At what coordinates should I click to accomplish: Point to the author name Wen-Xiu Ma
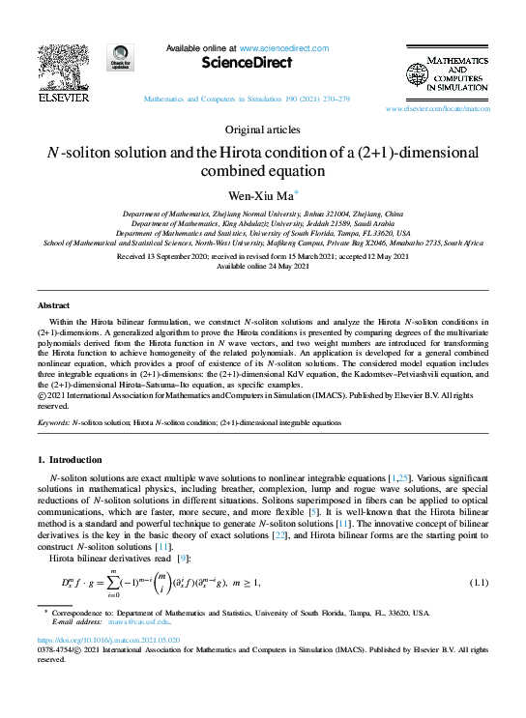click(259, 194)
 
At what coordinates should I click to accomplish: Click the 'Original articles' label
click(262, 129)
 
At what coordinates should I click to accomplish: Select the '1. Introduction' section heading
click(75, 459)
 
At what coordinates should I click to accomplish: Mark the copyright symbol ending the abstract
click(42, 395)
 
